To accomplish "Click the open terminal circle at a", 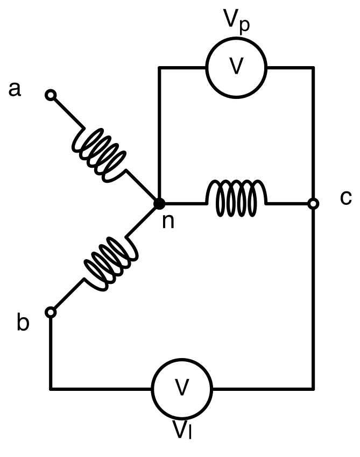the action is (51, 95).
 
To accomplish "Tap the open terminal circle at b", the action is (51, 312).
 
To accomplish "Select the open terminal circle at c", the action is (313, 203).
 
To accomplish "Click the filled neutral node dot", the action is (159, 203).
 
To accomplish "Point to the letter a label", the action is (15, 89).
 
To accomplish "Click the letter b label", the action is (23, 322).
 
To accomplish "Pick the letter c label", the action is (345, 198).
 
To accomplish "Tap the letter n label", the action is (168, 221).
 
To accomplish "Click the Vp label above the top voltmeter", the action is (237, 20).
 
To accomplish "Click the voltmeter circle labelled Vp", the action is (236, 68).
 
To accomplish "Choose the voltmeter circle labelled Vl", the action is (182, 389).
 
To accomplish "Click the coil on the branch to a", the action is (99, 155).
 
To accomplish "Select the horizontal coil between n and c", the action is (236, 198).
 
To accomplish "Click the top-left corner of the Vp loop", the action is (159, 68).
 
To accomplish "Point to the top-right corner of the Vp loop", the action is (313, 68).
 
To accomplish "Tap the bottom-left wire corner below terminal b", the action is (51, 389).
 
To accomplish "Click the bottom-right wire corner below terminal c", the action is (313, 389).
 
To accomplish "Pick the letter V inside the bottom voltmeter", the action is (182, 387).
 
